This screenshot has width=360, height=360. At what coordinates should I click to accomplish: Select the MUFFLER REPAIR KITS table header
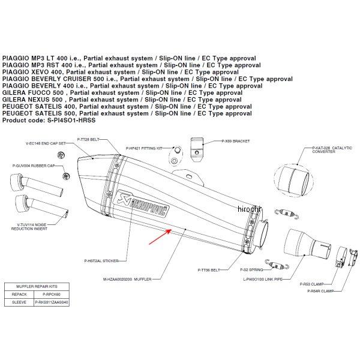32,287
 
